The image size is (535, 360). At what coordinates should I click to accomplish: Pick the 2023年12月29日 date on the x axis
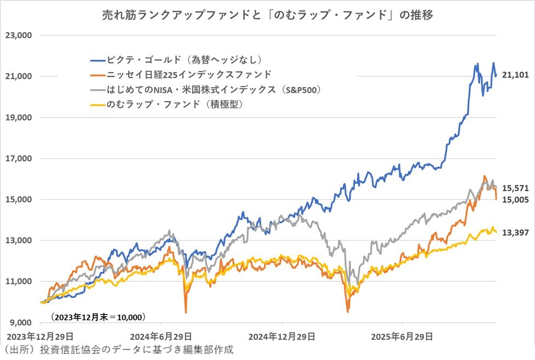click(36, 335)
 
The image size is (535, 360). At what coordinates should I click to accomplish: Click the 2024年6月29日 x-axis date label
click(160, 335)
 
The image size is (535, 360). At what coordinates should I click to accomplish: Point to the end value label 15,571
click(515, 188)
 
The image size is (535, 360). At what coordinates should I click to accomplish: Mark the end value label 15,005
click(515, 200)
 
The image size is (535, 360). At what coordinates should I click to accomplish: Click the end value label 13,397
click(515, 233)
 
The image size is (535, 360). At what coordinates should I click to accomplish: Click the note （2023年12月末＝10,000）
click(98, 317)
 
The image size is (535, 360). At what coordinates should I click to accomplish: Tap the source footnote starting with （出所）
click(118, 350)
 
